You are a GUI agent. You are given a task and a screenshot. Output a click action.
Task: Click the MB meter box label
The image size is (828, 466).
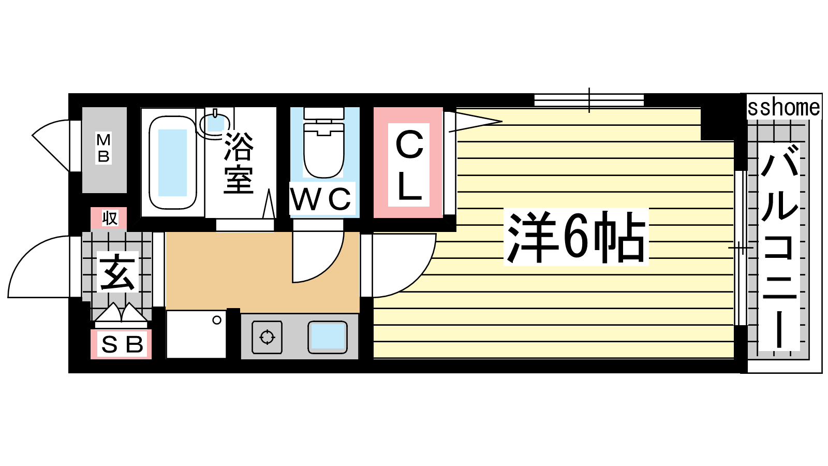[103, 148]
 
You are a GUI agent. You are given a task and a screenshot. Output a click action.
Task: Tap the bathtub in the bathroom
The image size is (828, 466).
[173, 163]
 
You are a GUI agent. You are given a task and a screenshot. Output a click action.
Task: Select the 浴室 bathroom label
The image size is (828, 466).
[239, 163]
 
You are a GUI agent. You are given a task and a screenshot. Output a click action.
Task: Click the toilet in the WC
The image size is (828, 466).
[324, 143]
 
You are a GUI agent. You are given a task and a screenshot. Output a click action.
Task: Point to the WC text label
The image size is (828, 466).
[321, 199]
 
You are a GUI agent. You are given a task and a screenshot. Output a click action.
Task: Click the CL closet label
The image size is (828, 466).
[409, 165]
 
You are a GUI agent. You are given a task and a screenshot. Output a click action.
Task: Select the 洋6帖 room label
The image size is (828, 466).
[576, 237]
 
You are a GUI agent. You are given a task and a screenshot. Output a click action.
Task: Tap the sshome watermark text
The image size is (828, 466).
[783, 108]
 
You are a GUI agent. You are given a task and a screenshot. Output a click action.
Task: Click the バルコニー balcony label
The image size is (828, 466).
[779, 246]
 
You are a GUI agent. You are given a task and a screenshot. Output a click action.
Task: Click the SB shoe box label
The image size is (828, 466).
[122, 345]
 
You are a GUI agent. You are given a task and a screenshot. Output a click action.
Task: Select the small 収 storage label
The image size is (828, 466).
[109, 218]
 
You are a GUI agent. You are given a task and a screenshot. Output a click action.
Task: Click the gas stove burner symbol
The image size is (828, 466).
[267, 337]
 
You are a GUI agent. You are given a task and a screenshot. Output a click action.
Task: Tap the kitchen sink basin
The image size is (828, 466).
[328, 337]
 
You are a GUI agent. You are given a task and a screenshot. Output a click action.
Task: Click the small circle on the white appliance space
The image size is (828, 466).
[217, 321]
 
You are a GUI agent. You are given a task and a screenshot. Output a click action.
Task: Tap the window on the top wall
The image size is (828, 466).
[589, 100]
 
